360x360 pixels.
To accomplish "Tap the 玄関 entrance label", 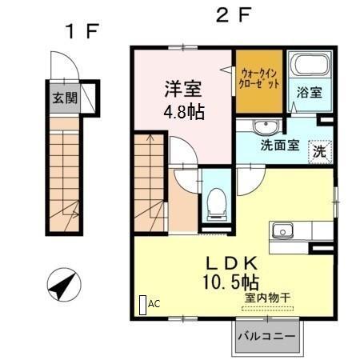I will [65, 99].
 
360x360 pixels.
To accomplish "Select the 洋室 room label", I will [183, 87].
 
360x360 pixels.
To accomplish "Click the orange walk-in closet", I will [258, 82].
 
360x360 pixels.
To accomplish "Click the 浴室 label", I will [310, 92].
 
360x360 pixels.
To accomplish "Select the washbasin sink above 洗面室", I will [264, 128].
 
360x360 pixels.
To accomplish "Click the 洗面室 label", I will [280, 148].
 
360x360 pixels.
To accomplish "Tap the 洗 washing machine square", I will [319, 150].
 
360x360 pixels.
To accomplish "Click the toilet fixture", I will [216, 203].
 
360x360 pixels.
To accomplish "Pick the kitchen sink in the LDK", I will [282, 231].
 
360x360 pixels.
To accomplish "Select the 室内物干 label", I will [267, 298].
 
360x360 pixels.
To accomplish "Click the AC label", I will [154, 303].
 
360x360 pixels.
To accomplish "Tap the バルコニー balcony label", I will [266, 337].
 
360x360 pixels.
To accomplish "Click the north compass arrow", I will [63, 284].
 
